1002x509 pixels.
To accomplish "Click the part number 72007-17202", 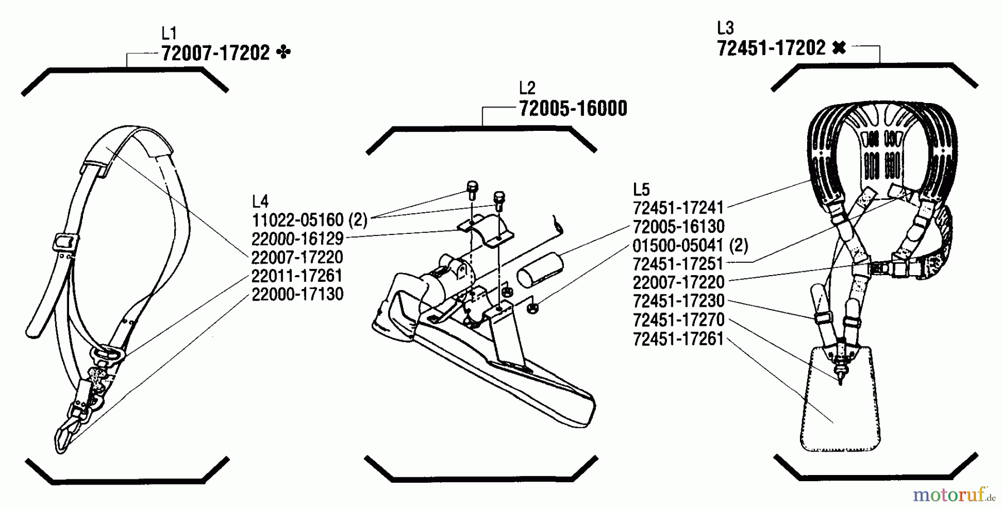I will tap(215, 53).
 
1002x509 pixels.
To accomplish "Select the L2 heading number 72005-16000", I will tap(573, 109).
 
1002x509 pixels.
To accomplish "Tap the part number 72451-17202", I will tap(771, 48).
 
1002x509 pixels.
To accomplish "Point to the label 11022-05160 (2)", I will tap(310, 220).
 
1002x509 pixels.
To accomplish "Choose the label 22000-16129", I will tap(297, 239).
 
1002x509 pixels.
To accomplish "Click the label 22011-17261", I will tap(297, 276).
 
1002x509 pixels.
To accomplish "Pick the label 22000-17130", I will tap(297, 295).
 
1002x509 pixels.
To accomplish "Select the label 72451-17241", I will tap(678, 208).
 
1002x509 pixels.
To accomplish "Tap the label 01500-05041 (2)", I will tap(690, 246).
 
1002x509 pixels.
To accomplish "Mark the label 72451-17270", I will tap(678, 320).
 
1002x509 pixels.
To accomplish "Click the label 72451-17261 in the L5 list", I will tap(678, 339).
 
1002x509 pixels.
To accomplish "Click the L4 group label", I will tap(260, 201).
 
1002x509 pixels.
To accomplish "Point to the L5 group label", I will tap(641, 189).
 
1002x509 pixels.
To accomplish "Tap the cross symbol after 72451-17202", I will tap(839, 48).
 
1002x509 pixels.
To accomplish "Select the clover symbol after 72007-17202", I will tap(283, 53).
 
